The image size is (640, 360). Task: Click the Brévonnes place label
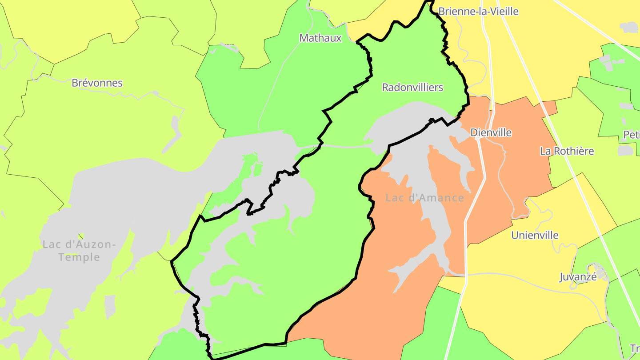coord(97,83)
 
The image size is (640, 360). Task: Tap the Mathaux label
coord(320,38)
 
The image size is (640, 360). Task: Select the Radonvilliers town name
coord(412,88)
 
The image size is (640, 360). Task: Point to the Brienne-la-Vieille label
coord(478,12)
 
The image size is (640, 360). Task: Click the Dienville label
coord(491,133)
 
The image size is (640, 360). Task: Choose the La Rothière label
coord(567,151)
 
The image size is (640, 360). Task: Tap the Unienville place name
coord(535,236)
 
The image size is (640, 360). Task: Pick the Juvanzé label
coord(578,277)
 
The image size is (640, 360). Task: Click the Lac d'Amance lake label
coord(424,198)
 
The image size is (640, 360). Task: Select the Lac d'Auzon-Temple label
coord(79,251)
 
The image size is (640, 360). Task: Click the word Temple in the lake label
coord(79,257)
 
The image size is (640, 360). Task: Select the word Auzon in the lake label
coord(95,244)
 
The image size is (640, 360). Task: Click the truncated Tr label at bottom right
coord(635,348)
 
